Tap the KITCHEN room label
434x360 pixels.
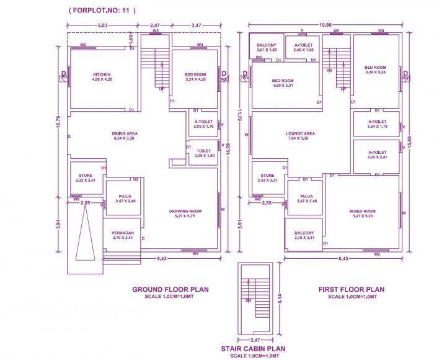(102, 75)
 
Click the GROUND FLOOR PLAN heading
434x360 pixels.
(170, 289)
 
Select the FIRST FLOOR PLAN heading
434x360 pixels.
(351, 289)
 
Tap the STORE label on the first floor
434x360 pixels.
(268, 177)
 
